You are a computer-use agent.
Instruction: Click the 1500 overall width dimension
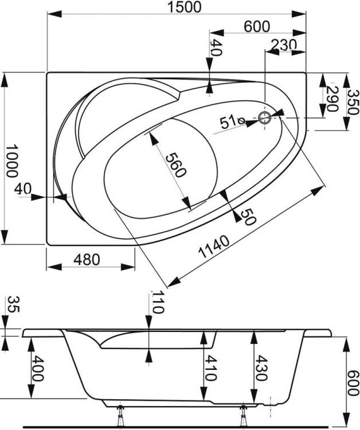pos(185,7)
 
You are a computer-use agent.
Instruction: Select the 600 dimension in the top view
pos(257,27)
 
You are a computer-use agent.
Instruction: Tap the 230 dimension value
pos(284,45)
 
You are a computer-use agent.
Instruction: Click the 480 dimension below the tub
pos(87,259)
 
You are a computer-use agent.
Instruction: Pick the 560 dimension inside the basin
pos(176,165)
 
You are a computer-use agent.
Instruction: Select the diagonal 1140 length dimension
pos(213,247)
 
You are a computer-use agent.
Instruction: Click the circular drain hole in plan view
pos(265,118)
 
